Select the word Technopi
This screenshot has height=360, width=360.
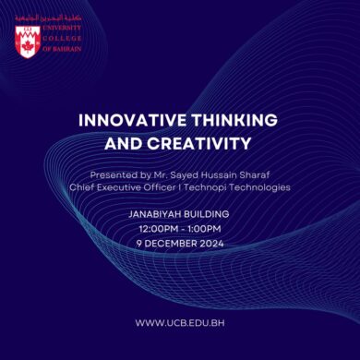click(x=213, y=186)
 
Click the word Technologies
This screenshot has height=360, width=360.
click(x=263, y=186)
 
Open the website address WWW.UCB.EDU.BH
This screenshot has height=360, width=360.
click(x=179, y=322)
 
